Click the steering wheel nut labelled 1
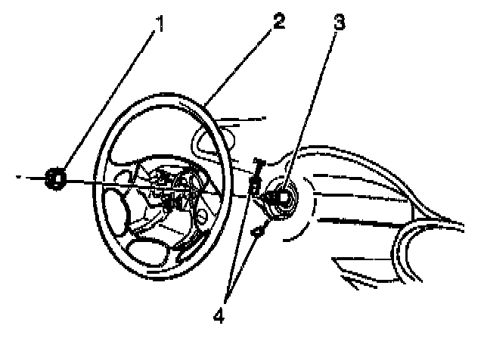click(56, 178)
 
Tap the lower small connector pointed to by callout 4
click(259, 232)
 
